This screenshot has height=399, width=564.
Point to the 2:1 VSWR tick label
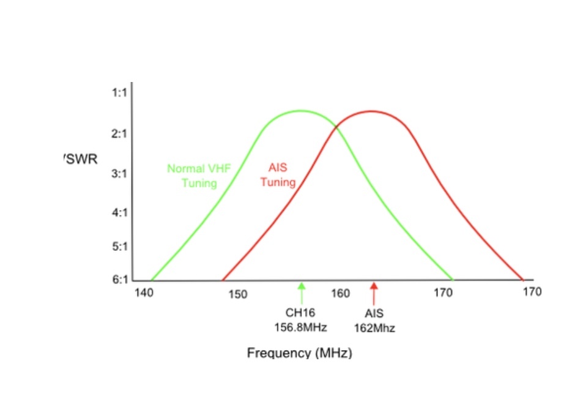pos(119,133)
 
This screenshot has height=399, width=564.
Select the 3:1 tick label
pos(119,174)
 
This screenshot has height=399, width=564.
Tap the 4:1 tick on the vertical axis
pos(119,213)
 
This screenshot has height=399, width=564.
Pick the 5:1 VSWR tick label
pos(119,247)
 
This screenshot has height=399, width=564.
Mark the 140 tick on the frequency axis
pos(144,293)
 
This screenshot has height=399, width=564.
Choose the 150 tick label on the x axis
pos(237,295)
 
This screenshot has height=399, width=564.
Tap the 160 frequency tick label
pos(340,293)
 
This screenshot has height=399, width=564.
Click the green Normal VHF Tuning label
pos(199,176)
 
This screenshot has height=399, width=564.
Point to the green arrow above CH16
pos(301,291)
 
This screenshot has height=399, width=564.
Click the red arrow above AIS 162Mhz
pos(374,291)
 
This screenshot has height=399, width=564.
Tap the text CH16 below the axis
pos(300,312)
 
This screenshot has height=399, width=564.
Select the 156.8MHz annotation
pos(300,327)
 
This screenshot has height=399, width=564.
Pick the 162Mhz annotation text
pos(374,328)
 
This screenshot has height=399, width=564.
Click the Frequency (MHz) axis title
pos(300,353)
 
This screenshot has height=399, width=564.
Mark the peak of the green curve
pos(300,111)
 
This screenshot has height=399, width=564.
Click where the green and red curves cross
pos(336,127)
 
